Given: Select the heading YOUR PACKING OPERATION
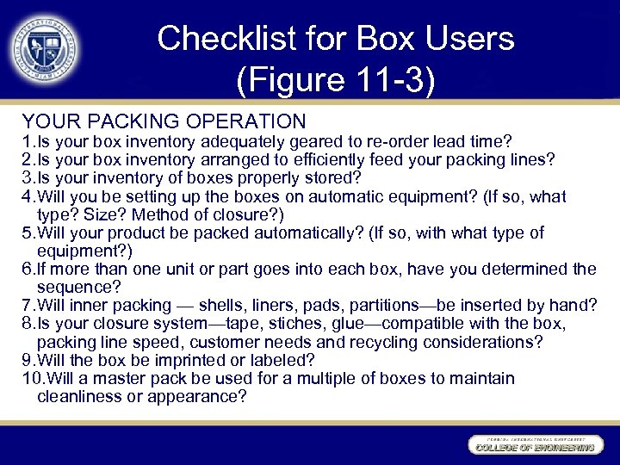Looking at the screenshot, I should pyautogui.click(x=164, y=121).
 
